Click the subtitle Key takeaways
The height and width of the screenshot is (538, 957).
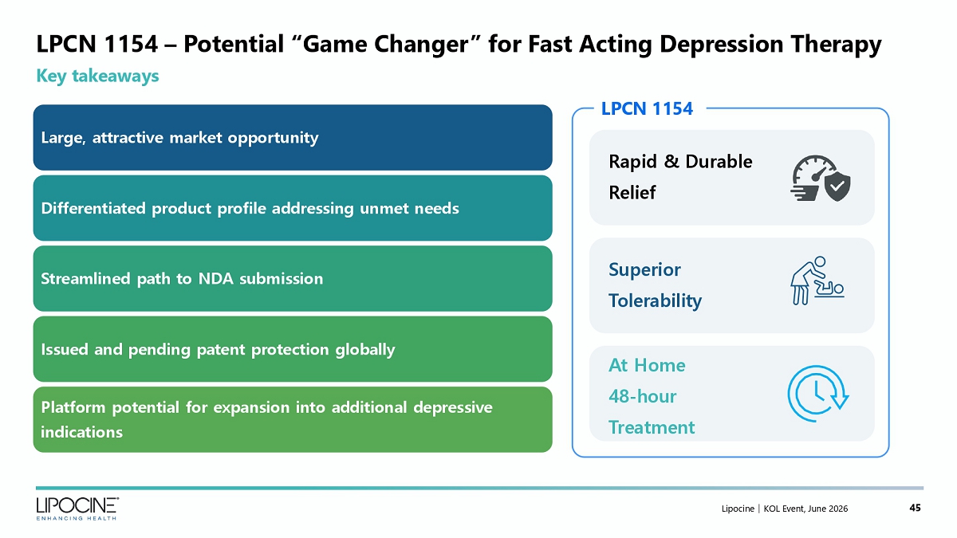pyautogui.click(x=97, y=77)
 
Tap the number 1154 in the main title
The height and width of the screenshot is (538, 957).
pyautogui.click(x=130, y=44)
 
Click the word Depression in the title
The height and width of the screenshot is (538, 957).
pyautogui.click(x=721, y=45)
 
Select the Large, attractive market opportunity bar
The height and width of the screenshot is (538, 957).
pyautogui.click(x=293, y=137)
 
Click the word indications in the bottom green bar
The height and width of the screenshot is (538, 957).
pyautogui.click(x=81, y=432)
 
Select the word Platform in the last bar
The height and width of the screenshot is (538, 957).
pyautogui.click(x=73, y=407)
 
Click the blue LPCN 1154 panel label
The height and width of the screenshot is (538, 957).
pyautogui.click(x=647, y=109)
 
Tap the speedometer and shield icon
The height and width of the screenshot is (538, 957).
pyautogui.click(x=821, y=178)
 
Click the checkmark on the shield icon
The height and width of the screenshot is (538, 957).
pyautogui.click(x=837, y=186)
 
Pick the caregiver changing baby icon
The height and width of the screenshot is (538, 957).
pyautogui.click(x=817, y=281)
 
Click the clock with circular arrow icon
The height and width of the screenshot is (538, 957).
pyautogui.click(x=817, y=394)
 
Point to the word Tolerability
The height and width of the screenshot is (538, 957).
pyautogui.click(x=655, y=300)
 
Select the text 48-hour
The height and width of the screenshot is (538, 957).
pyautogui.click(x=643, y=397)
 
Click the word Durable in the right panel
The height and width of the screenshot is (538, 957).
pyautogui.click(x=719, y=162)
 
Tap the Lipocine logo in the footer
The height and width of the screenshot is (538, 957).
pyautogui.click(x=77, y=509)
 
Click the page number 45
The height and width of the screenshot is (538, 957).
pyautogui.click(x=916, y=508)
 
